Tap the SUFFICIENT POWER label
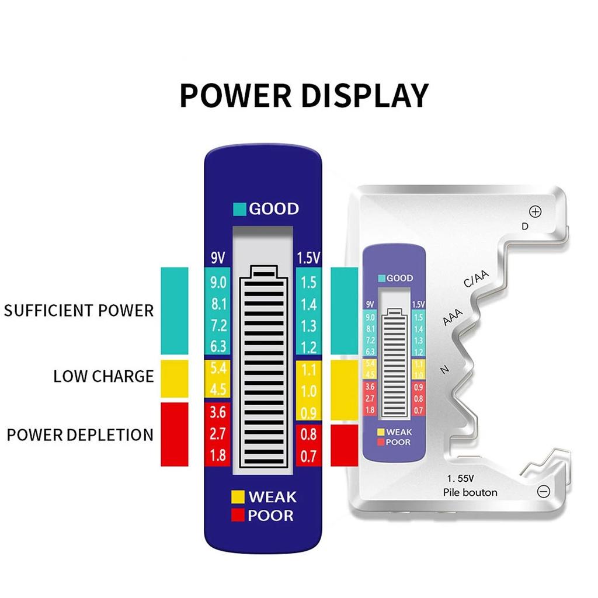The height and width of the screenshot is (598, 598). pos(79,310)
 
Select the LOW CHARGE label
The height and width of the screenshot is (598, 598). pos(103,376)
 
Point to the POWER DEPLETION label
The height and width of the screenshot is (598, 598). pos(80,434)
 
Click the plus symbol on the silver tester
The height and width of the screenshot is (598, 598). pos(535,212)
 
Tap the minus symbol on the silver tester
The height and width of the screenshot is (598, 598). pos(543,492)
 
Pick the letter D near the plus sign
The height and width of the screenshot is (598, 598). pos(524,226)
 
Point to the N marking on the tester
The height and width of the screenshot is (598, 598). pos(445,368)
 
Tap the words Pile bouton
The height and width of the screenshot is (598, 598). pos(470,492)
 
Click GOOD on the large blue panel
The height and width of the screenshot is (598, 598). pos(274,209)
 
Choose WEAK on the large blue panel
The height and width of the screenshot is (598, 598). pos(272,498)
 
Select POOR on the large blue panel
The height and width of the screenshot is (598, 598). pos(270,516)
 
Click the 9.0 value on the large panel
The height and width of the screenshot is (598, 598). pos(218,283)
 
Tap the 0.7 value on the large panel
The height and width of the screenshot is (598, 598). pos(308,456)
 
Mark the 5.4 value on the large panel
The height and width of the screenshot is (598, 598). pos(218,368)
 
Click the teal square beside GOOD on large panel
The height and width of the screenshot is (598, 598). pos(239,209)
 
